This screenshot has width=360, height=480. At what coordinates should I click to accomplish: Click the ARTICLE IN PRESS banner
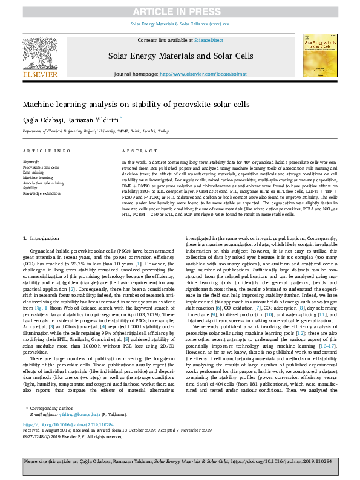coord(180,11)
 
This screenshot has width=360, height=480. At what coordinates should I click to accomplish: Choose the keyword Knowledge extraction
coord(42,193)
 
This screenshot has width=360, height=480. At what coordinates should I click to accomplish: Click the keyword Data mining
coord(34,173)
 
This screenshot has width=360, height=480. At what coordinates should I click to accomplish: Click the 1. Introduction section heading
coord(41,239)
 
